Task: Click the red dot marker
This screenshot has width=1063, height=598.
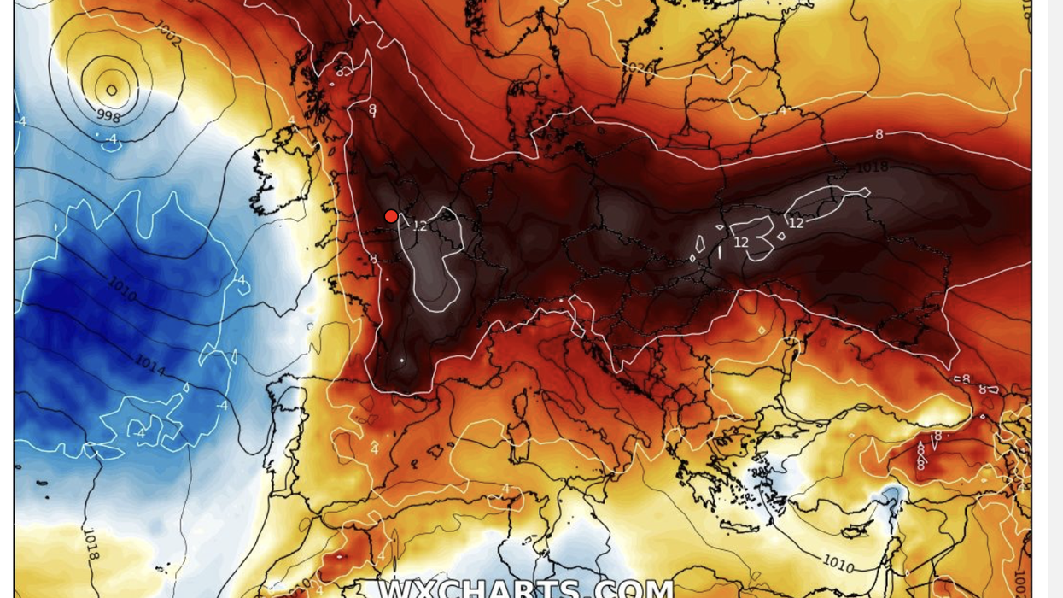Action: (x=391, y=216)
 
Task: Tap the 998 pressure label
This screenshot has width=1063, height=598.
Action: (x=108, y=116)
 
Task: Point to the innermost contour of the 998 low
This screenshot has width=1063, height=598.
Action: (x=112, y=89)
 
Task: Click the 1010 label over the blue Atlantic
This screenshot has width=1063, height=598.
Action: (x=122, y=290)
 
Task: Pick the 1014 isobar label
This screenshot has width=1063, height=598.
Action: (x=149, y=366)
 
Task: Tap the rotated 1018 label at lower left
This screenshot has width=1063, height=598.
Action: (x=91, y=544)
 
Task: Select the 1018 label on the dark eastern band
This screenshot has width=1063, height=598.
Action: (x=872, y=167)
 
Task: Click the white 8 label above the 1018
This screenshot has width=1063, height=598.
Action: (x=879, y=134)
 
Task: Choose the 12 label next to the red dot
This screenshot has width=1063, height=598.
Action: (x=419, y=226)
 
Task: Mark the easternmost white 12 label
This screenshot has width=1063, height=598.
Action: (x=796, y=223)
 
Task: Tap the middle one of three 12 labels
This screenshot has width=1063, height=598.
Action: (x=741, y=243)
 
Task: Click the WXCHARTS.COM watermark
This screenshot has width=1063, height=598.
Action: (x=526, y=588)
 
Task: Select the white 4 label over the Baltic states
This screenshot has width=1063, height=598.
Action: (x=781, y=111)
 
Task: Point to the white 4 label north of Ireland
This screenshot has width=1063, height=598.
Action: (x=291, y=120)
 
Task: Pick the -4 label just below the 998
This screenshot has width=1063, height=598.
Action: (x=111, y=138)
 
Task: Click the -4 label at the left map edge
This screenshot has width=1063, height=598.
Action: (x=21, y=122)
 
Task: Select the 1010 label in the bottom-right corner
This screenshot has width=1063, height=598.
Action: (x=838, y=563)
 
